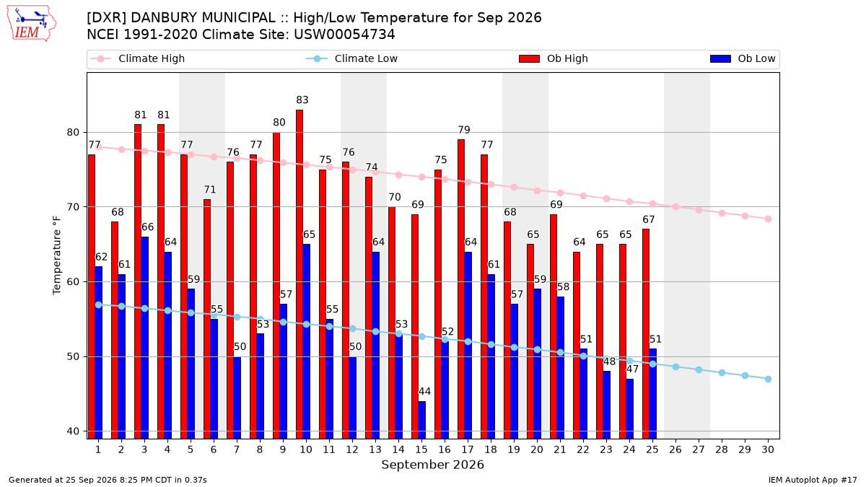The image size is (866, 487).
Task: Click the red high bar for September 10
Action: (x=299, y=274)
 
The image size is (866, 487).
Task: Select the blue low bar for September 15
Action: (x=421, y=420)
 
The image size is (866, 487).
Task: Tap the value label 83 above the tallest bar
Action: (x=302, y=100)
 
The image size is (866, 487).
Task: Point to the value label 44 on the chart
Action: (x=424, y=392)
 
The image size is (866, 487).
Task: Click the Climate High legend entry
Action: (x=137, y=58)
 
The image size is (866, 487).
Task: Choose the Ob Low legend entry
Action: (x=743, y=58)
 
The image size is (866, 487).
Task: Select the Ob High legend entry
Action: (x=554, y=58)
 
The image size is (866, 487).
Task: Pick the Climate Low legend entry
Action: (x=352, y=58)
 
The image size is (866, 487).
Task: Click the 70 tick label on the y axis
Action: (x=73, y=207)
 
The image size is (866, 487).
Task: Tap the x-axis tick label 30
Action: (x=768, y=449)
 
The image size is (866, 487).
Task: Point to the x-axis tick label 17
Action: (x=468, y=449)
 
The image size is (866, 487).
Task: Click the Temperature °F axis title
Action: (x=57, y=255)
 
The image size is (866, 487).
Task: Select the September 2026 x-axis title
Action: (x=432, y=465)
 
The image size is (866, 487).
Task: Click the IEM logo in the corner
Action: (x=32, y=24)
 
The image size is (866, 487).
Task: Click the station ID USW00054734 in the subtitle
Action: (x=344, y=35)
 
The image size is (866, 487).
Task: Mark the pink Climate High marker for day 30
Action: (x=768, y=219)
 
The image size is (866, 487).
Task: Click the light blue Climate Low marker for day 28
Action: (x=722, y=373)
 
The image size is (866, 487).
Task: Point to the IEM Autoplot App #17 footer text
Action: (x=813, y=480)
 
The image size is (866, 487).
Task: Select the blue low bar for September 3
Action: (x=144, y=338)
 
